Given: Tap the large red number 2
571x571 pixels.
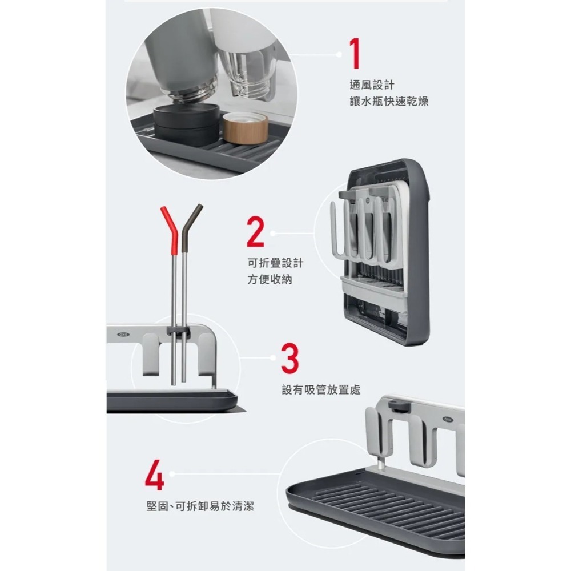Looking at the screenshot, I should (256, 231).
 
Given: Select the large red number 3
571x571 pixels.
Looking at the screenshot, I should (289, 357).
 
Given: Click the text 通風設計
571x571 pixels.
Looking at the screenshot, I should (372, 85).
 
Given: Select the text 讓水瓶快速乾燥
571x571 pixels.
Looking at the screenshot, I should (389, 102).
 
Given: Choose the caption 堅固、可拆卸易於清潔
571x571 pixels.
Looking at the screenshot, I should (200, 506).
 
